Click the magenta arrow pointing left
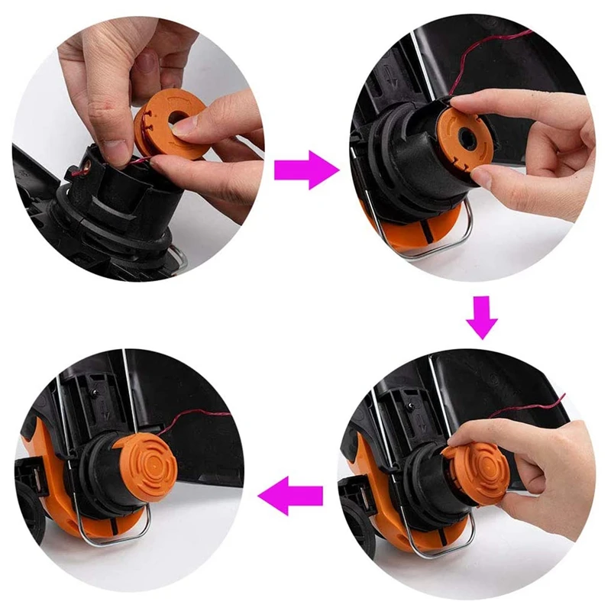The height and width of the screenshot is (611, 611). [291, 499]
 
